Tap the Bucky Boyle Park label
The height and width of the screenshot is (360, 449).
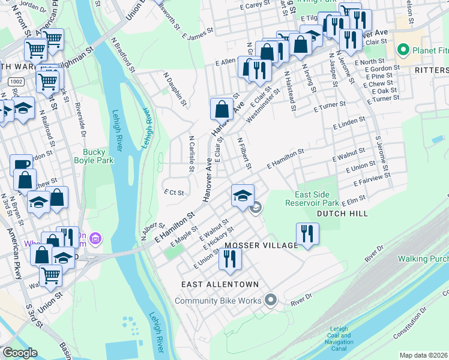pos(89,157)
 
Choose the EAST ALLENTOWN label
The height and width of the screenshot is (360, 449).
pos(221,284)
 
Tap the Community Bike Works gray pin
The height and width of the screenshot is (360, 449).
pos(271,300)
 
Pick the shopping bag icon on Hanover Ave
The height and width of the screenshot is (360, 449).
pos(221,109)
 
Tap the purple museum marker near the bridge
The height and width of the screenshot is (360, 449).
pos(95,240)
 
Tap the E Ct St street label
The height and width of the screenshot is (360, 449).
pos(173,193)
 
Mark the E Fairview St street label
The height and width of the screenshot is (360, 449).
pos(372,178)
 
